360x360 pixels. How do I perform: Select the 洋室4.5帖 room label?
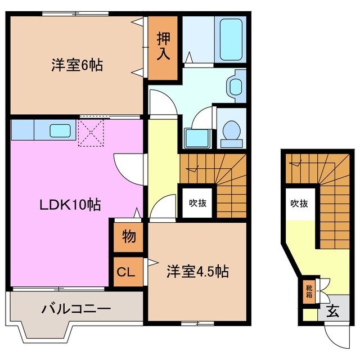pyautogui.click(x=197, y=272)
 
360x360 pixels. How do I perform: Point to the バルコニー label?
pyautogui.click(x=76, y=309)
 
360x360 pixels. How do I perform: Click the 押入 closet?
pyautogui.click(x=164, y=47)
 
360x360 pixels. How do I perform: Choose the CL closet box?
pyautogui.click(x=126, y=273)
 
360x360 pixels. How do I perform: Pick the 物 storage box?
pyautogui.click(x=129, y=237)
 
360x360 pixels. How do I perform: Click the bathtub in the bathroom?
pyautogui.click(x=231, y=39)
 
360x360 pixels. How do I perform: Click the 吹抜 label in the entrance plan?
pyautogui.click(x=299, y=204)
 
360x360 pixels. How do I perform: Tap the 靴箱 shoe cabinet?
pyautogui.click(x=309, y=293)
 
